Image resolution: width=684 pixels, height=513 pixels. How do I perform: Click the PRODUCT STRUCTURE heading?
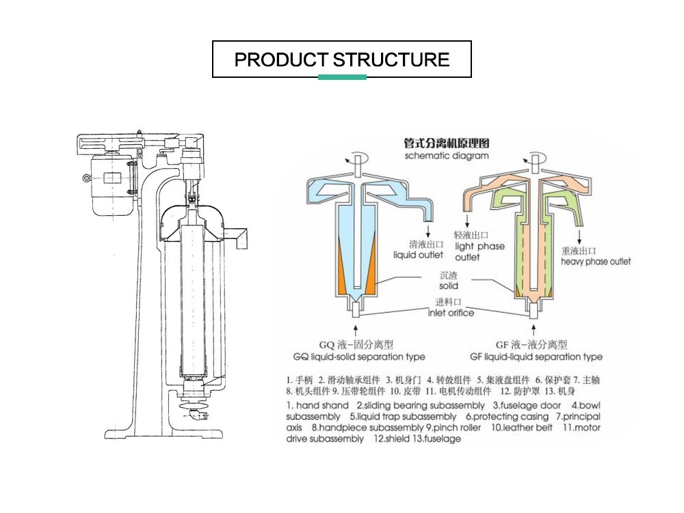[342, 59]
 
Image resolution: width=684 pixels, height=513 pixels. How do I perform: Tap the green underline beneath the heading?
[342, 77]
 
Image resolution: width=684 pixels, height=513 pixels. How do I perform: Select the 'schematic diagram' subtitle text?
[447, 156]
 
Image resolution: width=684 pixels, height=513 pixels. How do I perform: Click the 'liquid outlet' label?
[418, 255]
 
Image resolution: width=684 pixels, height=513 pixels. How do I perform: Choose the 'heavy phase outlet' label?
[596, 262]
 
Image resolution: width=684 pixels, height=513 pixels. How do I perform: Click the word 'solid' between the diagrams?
[449, 286]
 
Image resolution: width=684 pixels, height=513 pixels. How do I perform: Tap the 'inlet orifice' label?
[450, 313]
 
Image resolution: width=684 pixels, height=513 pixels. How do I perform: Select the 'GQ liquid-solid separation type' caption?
[358, 357]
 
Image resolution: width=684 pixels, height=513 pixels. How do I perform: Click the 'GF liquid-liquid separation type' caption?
[536, 357]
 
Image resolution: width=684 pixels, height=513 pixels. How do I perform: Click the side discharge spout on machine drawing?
[239, 236]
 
